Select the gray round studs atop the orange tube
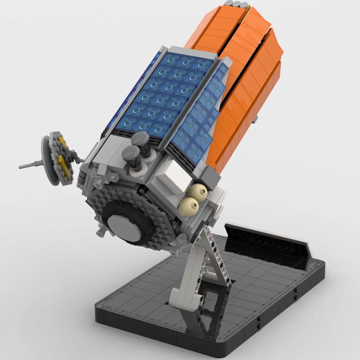236,5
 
